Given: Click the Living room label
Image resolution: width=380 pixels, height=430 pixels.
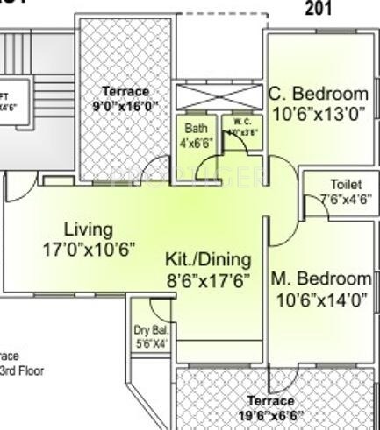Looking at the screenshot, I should coord(89,229).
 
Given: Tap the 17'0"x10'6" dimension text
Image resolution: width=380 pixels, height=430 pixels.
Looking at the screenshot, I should coord(89,250).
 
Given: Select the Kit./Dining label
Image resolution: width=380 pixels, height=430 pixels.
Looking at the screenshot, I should coord(208,260).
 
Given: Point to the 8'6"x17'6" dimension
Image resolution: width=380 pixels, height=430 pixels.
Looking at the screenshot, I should coord(208,280).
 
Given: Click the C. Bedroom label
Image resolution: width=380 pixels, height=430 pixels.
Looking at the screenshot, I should coord(318,94).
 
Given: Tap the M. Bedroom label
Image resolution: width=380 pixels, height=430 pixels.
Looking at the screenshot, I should coord(320,279).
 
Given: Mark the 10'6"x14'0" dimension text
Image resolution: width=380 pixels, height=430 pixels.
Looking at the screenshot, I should coord(320,300).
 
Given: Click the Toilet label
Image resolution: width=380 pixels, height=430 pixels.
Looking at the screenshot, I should coord(346,185).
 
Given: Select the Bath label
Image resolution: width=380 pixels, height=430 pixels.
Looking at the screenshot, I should coord(196,128).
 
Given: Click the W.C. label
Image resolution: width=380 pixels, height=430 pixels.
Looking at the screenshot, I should coord(238,121).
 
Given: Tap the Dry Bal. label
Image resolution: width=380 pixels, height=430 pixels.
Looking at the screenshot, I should coord(150,330).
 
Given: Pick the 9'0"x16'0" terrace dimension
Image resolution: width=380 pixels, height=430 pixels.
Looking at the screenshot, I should coord(125,105).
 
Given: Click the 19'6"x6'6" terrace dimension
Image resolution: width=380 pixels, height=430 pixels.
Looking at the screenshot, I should coord(269,414).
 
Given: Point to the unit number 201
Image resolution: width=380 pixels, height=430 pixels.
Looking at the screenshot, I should coord(319,10).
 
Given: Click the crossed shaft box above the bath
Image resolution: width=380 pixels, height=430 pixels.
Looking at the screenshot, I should coord(219,97).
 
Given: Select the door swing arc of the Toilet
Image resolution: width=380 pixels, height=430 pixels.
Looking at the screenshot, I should coord(311,206).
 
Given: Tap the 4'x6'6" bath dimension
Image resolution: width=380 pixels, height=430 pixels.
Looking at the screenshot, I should coord(196,142).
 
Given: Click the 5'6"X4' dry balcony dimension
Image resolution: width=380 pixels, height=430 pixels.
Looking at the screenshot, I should coord(150,343).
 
